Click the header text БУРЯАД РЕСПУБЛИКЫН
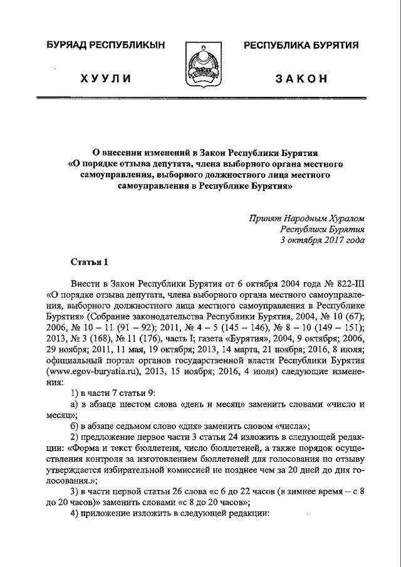pyautogui.click(x=104, y=44)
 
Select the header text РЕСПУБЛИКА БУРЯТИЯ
pyautogui.click(x=301, y=44)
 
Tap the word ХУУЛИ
pyautogui.click(x=105, y=78)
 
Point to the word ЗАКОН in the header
pyautogui.click(x=301, y=78)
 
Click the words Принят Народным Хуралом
pyautogui.click(x=306, y=218)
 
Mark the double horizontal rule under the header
pyautogui.click(x=200, y=98)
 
